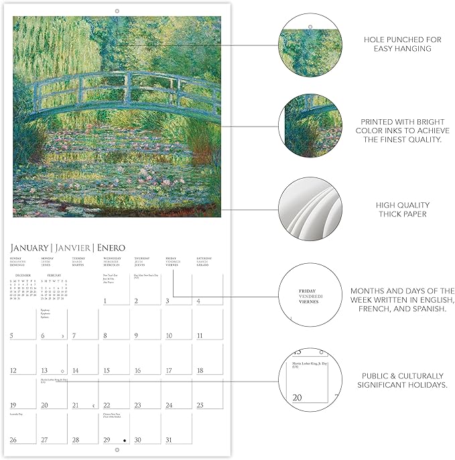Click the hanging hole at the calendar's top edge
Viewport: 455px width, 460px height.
click(x=117, y=11)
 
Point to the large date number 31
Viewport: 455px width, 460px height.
click(x=168, y=440)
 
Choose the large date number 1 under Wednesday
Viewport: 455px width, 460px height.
click(x=106, y=301)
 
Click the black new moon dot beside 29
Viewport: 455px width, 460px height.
click(x=124, y=441)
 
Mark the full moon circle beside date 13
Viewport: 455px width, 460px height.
click(x=62, y=370)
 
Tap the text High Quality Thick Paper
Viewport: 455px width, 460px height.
click(x=402, y=210)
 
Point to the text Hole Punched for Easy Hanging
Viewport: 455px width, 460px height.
click(x=402, y=44)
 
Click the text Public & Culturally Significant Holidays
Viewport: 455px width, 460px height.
click(x=402, y=380)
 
